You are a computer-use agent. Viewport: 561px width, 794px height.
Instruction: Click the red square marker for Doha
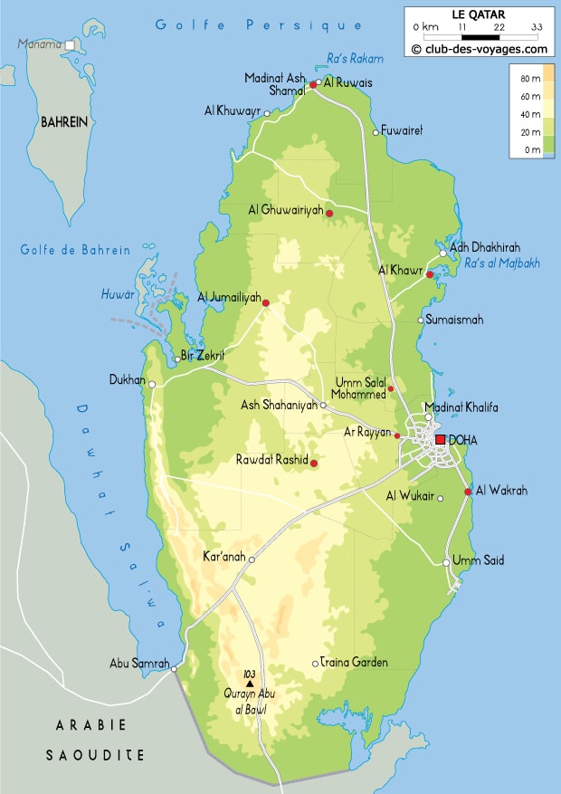click(x=441, y=440)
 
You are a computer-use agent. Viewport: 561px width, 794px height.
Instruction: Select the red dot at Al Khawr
click(x=430, y=274)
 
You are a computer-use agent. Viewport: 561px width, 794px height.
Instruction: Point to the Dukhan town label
click(x=127, y=380)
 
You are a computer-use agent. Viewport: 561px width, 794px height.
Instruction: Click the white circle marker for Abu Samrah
click(x=175, y=670)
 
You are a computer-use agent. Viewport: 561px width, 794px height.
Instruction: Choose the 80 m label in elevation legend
click(x=531, y=81)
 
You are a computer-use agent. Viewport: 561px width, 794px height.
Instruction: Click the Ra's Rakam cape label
click(x=355, y=59)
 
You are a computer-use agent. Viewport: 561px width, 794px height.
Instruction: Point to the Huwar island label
click(x=118, y=294)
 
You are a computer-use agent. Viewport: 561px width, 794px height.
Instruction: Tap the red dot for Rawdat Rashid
click(x=314, y=464)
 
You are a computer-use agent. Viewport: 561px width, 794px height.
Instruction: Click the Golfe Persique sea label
click(x=259, y=25)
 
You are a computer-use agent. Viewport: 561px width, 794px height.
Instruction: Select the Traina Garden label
click(x=357, y=663)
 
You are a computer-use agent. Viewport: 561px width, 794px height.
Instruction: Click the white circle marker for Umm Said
click(x=446, y=563)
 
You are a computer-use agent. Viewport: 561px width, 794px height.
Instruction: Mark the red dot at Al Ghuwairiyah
click(x=329, y=214)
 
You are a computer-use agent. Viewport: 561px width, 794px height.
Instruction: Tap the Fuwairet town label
click(x=403, y=131)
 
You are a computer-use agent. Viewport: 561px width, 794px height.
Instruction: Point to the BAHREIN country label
click(x=64, y=122)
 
